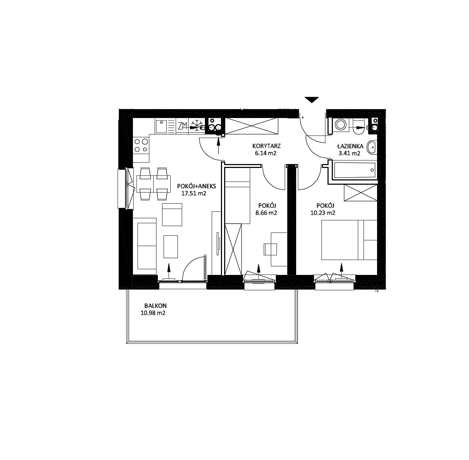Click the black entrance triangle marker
click(311, 100)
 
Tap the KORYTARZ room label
click(267, 146)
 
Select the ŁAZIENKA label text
click(350, 146)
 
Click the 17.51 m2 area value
click(194, 194)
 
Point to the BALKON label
click(155, 306)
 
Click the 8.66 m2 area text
click(266, 213)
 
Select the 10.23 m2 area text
click(323, 213)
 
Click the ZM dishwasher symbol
click(182, 126)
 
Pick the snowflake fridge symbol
click(196, 126)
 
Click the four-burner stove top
click(141, 145)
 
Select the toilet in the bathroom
click(359, 127)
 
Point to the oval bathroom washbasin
click(372, 147)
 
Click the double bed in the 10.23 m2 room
click(349, 240)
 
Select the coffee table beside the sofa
click(171, 246)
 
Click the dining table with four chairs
click(154, 184)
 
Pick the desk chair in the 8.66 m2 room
click(270, 249)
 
